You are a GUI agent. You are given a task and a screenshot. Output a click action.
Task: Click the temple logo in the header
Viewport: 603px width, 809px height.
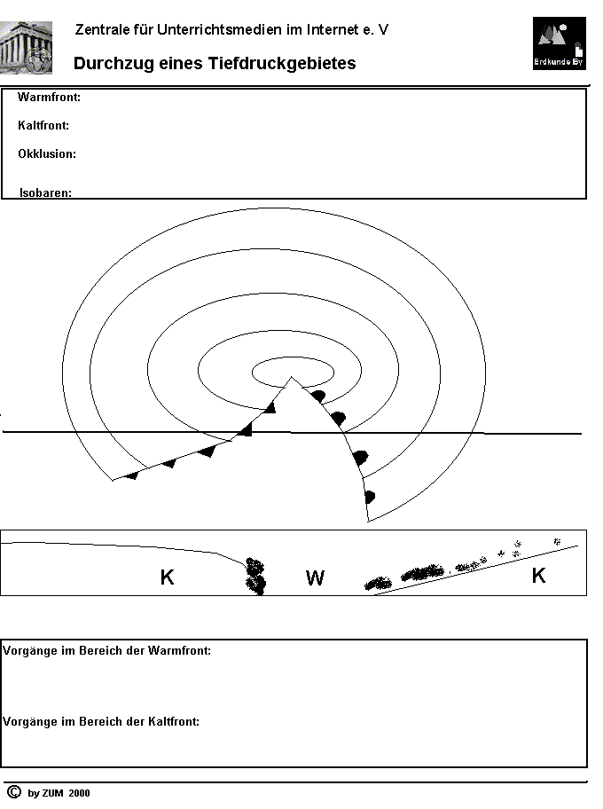pyautogui.click(x=26, y=48)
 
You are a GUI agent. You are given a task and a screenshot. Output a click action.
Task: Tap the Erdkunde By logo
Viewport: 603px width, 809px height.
pyautogui.click(x=560, y=43)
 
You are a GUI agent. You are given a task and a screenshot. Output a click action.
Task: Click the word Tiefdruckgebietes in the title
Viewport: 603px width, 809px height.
pyautogui.click(x=282, y=64)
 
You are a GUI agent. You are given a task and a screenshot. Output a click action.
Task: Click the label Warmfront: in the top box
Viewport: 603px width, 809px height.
pyautogui.click(x=49, y=97)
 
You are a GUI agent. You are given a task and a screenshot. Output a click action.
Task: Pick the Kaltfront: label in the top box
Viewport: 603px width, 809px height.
pyautogui.click(x=43, y=125)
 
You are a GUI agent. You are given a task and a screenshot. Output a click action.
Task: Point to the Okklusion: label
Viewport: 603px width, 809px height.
pyautogui.click(x=47, y=153)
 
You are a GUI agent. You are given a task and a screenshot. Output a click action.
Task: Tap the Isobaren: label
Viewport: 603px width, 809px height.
pyautogui.click(x=45, y=192)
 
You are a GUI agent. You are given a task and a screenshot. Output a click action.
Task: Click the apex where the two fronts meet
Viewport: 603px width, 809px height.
pyautogui.click(x=292, y=377)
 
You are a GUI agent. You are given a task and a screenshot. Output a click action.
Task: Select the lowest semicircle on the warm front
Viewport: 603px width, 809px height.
pyautogui.click(x=369, y=498)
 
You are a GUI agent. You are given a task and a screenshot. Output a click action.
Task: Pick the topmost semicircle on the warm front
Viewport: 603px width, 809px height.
pyautogui.click(x=318, y=397)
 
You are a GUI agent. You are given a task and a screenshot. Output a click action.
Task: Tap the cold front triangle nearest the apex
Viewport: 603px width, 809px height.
pyautogui.click(x=270, y=407)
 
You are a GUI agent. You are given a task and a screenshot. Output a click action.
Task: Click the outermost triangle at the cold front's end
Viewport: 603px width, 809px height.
pyautogui.click(x=132, y=475)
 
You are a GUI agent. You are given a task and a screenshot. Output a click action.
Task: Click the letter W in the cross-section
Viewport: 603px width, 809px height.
pyautogui.click(x=315, y=577)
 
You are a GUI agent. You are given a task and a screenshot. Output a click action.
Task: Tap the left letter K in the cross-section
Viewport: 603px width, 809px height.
pyautogui.click(x=167, y=577)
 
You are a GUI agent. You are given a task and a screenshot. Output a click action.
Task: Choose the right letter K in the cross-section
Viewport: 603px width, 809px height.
pyautogui.click(x=538, y=575)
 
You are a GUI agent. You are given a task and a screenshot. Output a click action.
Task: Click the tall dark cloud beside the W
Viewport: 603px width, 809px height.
pyautogui.click(x=255, y=576)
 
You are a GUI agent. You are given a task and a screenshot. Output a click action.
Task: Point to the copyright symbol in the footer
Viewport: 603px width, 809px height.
pyautogui.click(x=14, y=792)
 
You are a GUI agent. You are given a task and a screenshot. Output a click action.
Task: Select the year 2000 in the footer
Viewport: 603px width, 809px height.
pyautogui.click(x=79, y=793)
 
